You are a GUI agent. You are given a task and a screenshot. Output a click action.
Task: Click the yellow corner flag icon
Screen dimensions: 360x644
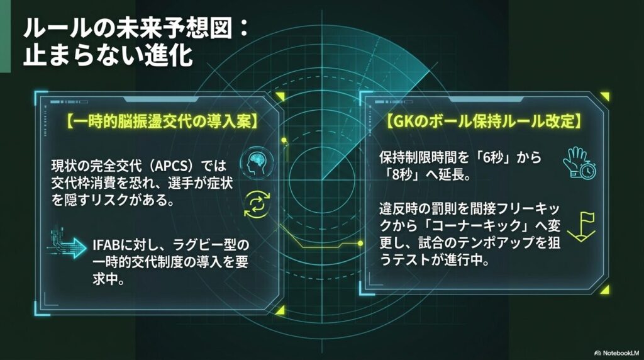(x=580, y=227)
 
